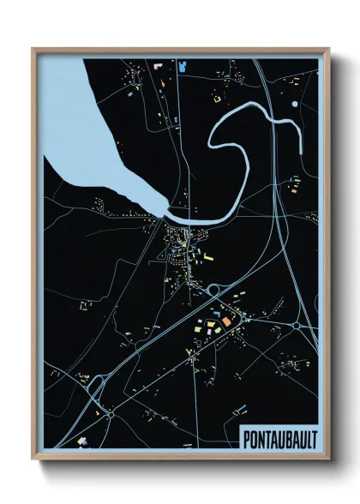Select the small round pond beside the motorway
[295, 104]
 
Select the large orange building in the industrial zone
[226, 321]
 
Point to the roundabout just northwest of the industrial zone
[213, 291]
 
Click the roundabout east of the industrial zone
[297, 327]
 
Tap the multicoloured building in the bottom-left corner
[83, 440]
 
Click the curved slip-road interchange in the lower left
[96, 390]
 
